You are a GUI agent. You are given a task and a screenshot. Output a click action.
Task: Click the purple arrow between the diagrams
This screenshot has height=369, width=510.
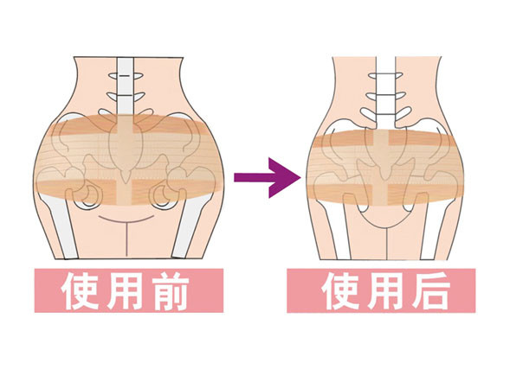point(267,177)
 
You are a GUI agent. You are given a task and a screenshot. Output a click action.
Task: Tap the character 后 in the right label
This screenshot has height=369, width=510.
point(431,290)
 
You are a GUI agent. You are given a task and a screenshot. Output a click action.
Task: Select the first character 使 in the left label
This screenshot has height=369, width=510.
point(80,290)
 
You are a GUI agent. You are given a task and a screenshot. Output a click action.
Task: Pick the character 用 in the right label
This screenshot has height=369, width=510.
point(384,290)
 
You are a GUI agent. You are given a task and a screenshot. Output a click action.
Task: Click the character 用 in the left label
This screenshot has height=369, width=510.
point(125,290)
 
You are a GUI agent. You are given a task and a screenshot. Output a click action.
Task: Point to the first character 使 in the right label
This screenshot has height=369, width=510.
point(340,290)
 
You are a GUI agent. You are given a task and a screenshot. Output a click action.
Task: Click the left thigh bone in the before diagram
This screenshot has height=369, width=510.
point(61,227)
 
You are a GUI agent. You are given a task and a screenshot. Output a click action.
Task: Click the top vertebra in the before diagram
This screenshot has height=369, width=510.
point(126,76)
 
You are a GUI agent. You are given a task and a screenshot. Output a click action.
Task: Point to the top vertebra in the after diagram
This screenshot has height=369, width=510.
point(386,76)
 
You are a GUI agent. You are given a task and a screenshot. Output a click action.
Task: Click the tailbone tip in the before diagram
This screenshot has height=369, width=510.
point(126,182)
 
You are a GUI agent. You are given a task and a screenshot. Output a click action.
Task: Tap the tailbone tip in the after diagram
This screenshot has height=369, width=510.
point(385,178)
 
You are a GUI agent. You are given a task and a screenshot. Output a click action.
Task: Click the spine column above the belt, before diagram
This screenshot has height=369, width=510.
point(126,86)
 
